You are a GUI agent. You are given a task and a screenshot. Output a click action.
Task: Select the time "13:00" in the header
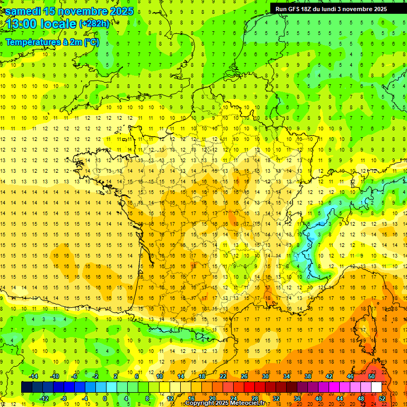[x=24, y=24]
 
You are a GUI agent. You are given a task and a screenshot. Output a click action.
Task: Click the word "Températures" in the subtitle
[x=33, y=42]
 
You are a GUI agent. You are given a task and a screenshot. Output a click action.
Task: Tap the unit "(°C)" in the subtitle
[x=90, y=42]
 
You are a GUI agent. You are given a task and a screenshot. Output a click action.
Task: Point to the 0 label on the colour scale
[x=105, y=399]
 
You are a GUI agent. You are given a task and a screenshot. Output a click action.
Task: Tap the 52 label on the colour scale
[x=382, y=399]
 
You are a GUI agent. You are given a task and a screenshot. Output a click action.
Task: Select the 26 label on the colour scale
[x=244, y=376]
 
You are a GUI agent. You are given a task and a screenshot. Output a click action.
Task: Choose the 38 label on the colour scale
[x=308, y=376]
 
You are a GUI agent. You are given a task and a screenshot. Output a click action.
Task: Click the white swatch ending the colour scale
[x=376, y=387]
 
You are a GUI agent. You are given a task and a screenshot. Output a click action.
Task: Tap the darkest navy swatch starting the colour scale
[x=26, y=387]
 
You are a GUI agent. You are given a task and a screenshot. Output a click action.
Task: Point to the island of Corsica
[x=390, y=323]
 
